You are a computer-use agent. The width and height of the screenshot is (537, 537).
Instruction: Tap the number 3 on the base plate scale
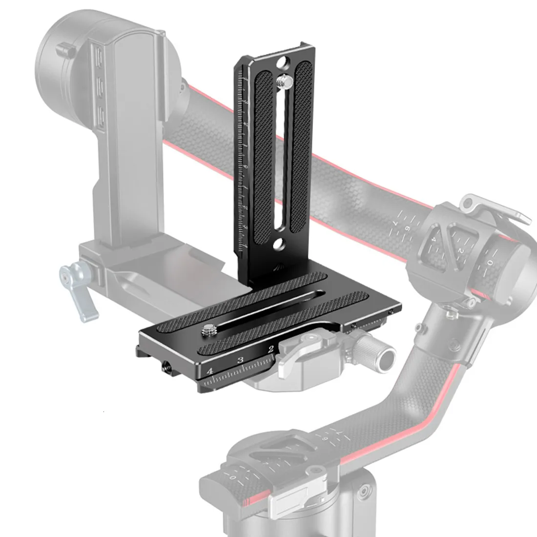tap(240, 360)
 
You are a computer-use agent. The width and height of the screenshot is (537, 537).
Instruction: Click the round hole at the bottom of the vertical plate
tap(280, 243)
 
